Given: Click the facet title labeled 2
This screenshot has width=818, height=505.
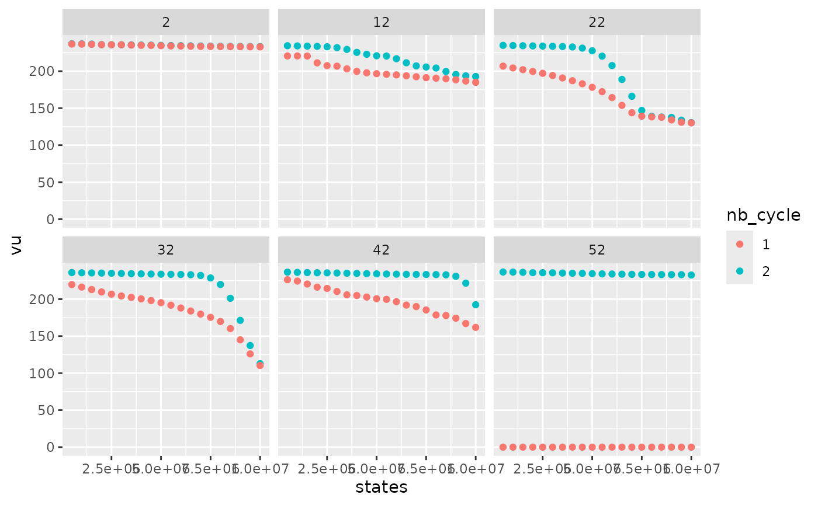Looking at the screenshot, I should click(166, 22).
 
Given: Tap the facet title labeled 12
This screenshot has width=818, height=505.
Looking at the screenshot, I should click(382, 22).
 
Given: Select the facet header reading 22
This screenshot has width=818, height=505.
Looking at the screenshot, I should click(597, 22).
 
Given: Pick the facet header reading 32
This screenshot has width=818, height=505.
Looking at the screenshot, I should click(166, 250).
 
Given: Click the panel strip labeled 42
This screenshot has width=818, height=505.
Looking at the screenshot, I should click(382, 250).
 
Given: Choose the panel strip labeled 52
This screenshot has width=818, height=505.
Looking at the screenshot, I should click(597, 250).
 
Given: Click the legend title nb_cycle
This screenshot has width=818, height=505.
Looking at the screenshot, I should click(763, 215).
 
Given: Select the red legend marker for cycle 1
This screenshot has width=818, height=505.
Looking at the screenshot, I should click(740, 245).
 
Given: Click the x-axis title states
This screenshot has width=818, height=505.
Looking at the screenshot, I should click(382, 487).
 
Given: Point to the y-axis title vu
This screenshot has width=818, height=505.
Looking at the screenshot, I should click(17, 248).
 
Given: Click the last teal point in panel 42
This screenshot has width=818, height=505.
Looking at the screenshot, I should click(476, 305).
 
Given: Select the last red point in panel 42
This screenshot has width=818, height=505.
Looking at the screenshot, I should click(476, 328).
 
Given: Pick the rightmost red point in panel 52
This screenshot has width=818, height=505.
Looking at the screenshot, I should click(691, 447).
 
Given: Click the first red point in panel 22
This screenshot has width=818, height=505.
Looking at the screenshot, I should click(503, 66).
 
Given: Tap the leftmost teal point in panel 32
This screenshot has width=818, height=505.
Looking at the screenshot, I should click(72, 273).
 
